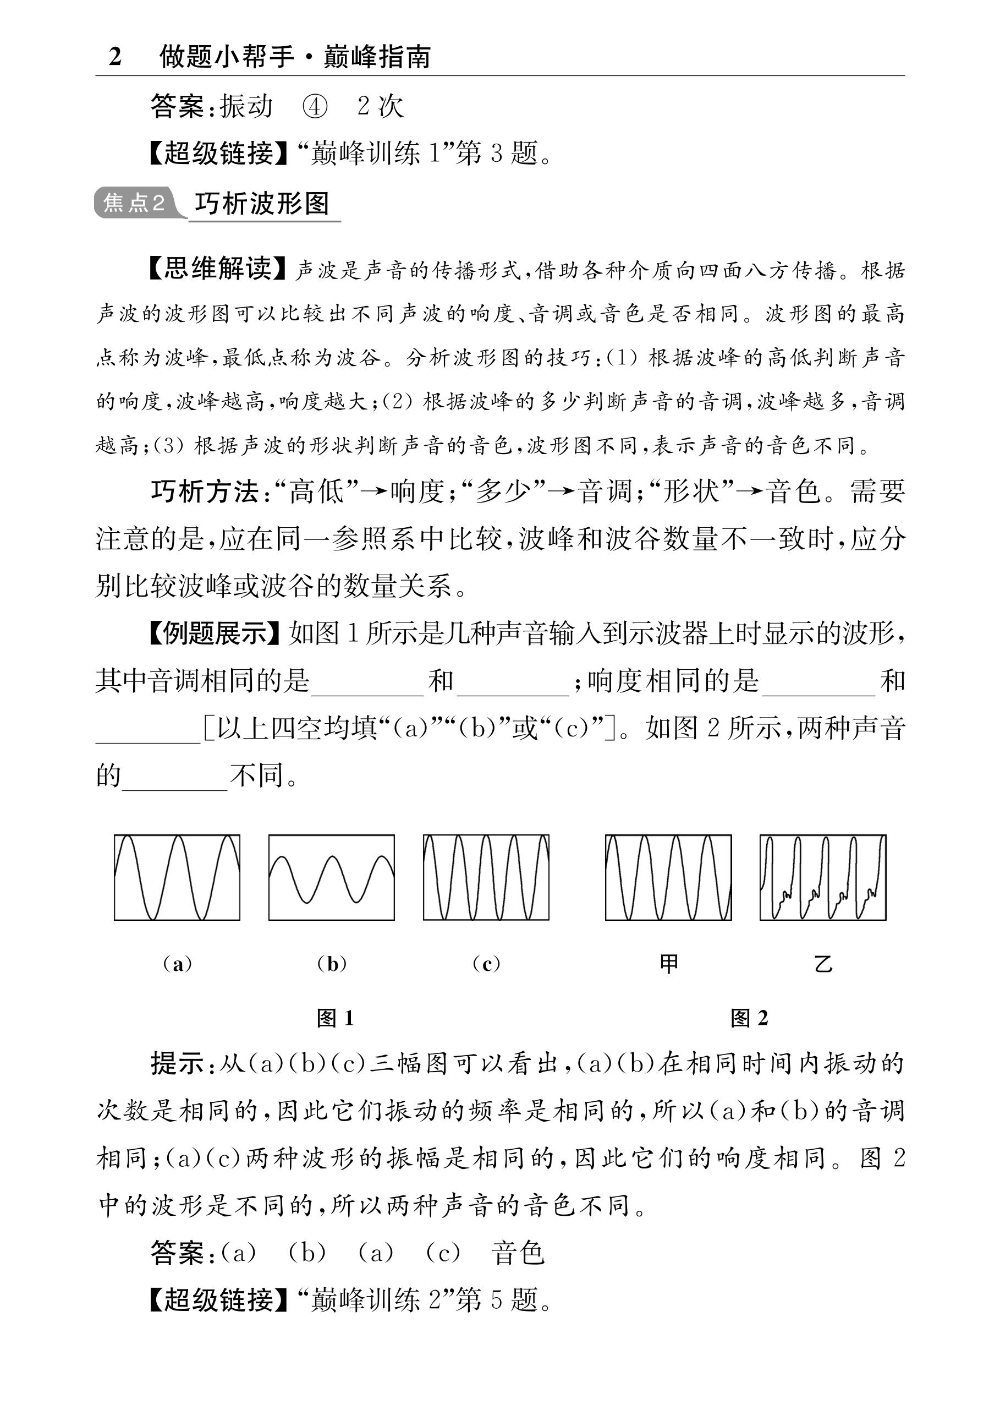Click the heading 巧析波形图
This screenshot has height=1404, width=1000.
(262, 203)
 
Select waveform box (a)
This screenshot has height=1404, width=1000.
(177, 878)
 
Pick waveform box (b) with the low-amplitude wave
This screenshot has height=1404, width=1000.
(331, 878)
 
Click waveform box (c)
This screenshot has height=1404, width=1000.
(486, 878)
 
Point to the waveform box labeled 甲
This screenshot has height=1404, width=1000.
(668, 878)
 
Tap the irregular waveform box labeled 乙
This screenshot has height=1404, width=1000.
(823, 878)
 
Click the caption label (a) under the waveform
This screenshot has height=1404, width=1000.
(177, 964)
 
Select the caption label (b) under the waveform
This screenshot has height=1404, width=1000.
(332, 964)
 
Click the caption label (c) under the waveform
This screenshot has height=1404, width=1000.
(486, 964)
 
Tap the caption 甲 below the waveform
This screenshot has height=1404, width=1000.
(669, 964)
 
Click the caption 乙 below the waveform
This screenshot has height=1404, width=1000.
(823, 964)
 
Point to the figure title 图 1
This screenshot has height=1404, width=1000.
(335, 1018)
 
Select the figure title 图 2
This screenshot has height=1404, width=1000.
(749, 1018)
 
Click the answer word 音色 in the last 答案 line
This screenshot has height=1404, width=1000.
(518, 1253)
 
